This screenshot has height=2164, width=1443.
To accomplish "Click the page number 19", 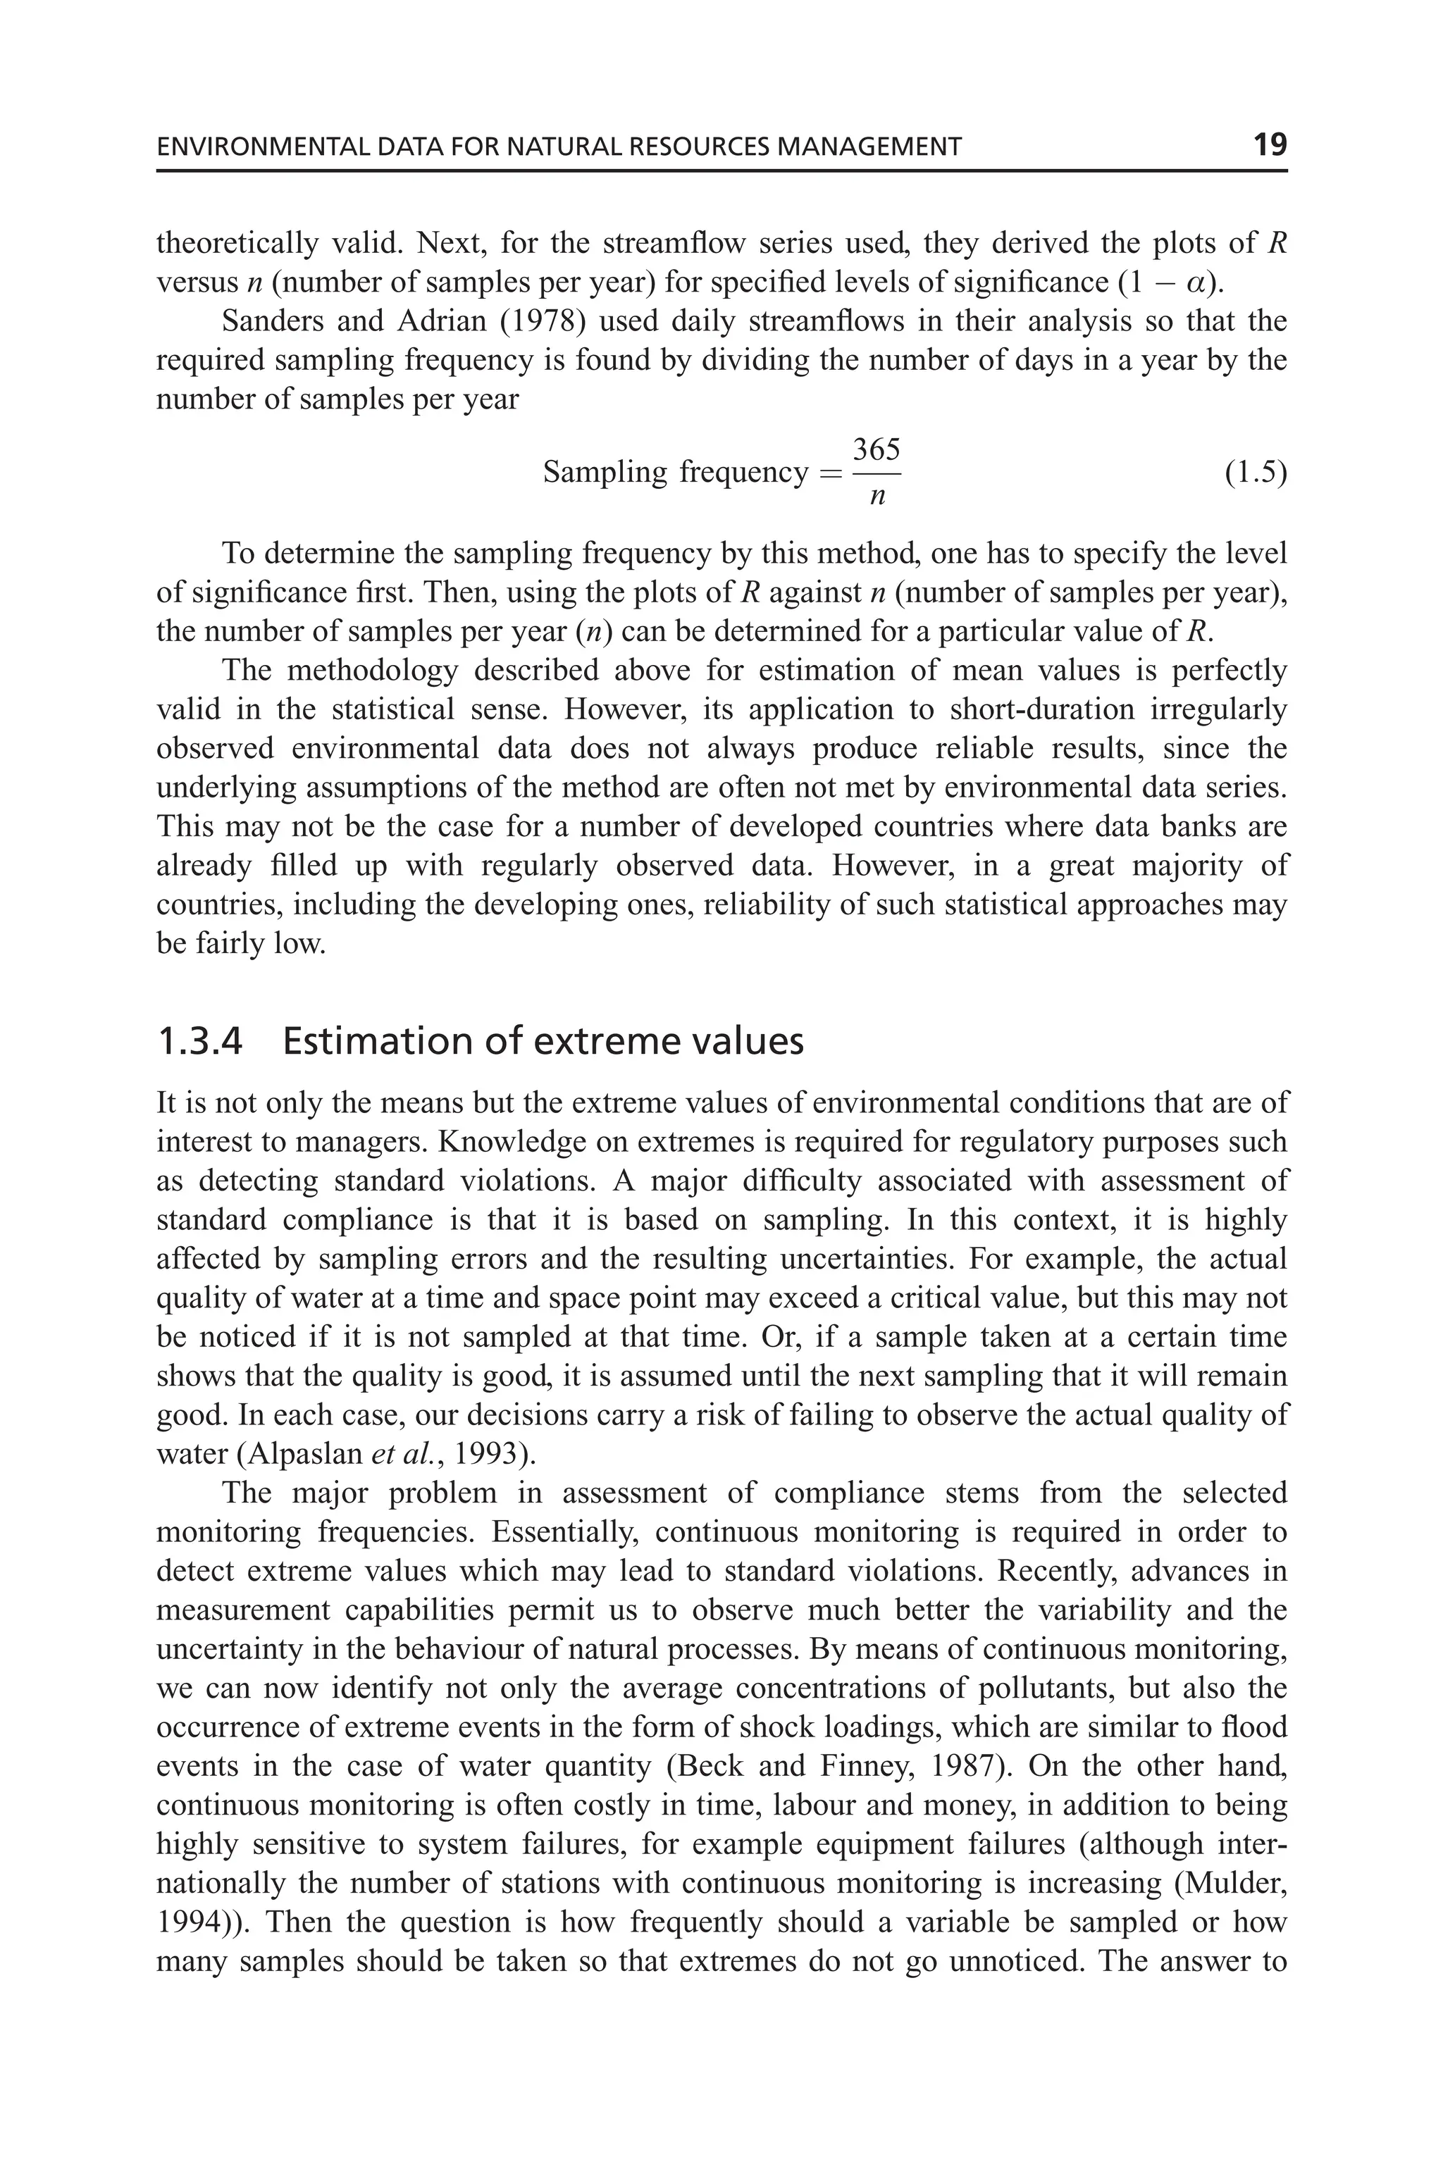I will (x=1269, y=144).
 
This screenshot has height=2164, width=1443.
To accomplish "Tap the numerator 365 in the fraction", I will (x=876, y=450).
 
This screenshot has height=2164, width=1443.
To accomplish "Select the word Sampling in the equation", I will (x=604, y=473).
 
